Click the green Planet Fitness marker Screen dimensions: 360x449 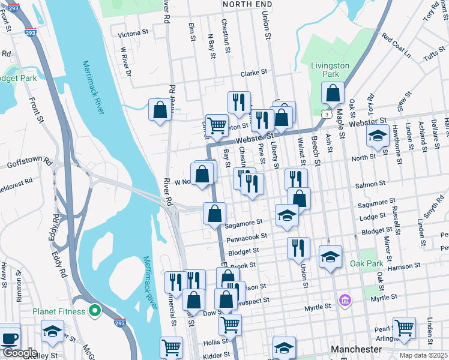point(94,310)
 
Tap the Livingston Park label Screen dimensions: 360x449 point(330,70)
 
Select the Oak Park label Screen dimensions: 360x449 point(366,263)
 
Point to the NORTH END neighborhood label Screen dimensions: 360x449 point(243,4)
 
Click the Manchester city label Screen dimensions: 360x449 point(356,349)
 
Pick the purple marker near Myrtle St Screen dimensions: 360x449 point(345,299)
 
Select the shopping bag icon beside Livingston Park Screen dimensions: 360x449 point(332,94)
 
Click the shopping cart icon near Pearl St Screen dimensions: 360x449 point(404,328)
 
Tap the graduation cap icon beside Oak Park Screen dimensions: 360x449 point(330,257)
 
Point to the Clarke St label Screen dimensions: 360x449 point(254,73)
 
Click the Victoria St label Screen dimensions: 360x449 point(133,32)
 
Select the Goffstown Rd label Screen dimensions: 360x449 point(30,163)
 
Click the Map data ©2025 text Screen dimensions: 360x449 point(423,355)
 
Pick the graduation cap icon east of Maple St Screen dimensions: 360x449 point(378,136)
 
